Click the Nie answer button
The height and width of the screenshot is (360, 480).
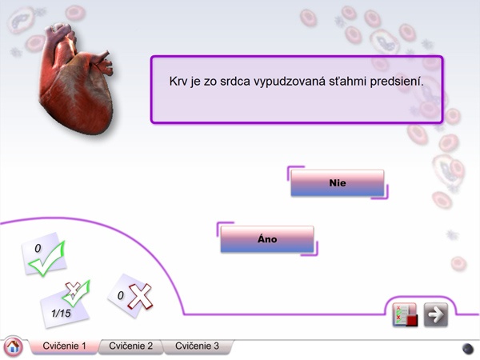coord(337,183)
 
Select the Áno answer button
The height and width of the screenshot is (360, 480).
coord(267,239)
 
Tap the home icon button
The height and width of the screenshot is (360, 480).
coord(13,347)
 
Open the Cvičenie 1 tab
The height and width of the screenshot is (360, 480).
coord(64,346)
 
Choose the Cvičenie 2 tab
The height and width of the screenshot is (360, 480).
coord(130,346)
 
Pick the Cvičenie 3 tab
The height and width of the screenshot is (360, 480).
coord(197,346)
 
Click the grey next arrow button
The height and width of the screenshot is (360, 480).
coord(436,314)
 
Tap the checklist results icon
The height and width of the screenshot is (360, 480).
coord(405,314)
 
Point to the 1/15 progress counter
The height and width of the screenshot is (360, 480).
coord(61,313)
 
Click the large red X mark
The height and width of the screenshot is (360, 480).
coord(140,296)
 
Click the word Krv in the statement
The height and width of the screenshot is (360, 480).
coord(178,82)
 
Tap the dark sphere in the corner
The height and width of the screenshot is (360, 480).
coord(468,348)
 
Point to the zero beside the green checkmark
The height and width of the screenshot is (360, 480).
coord(38,248)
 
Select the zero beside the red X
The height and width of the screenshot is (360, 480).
coord(121,295)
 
